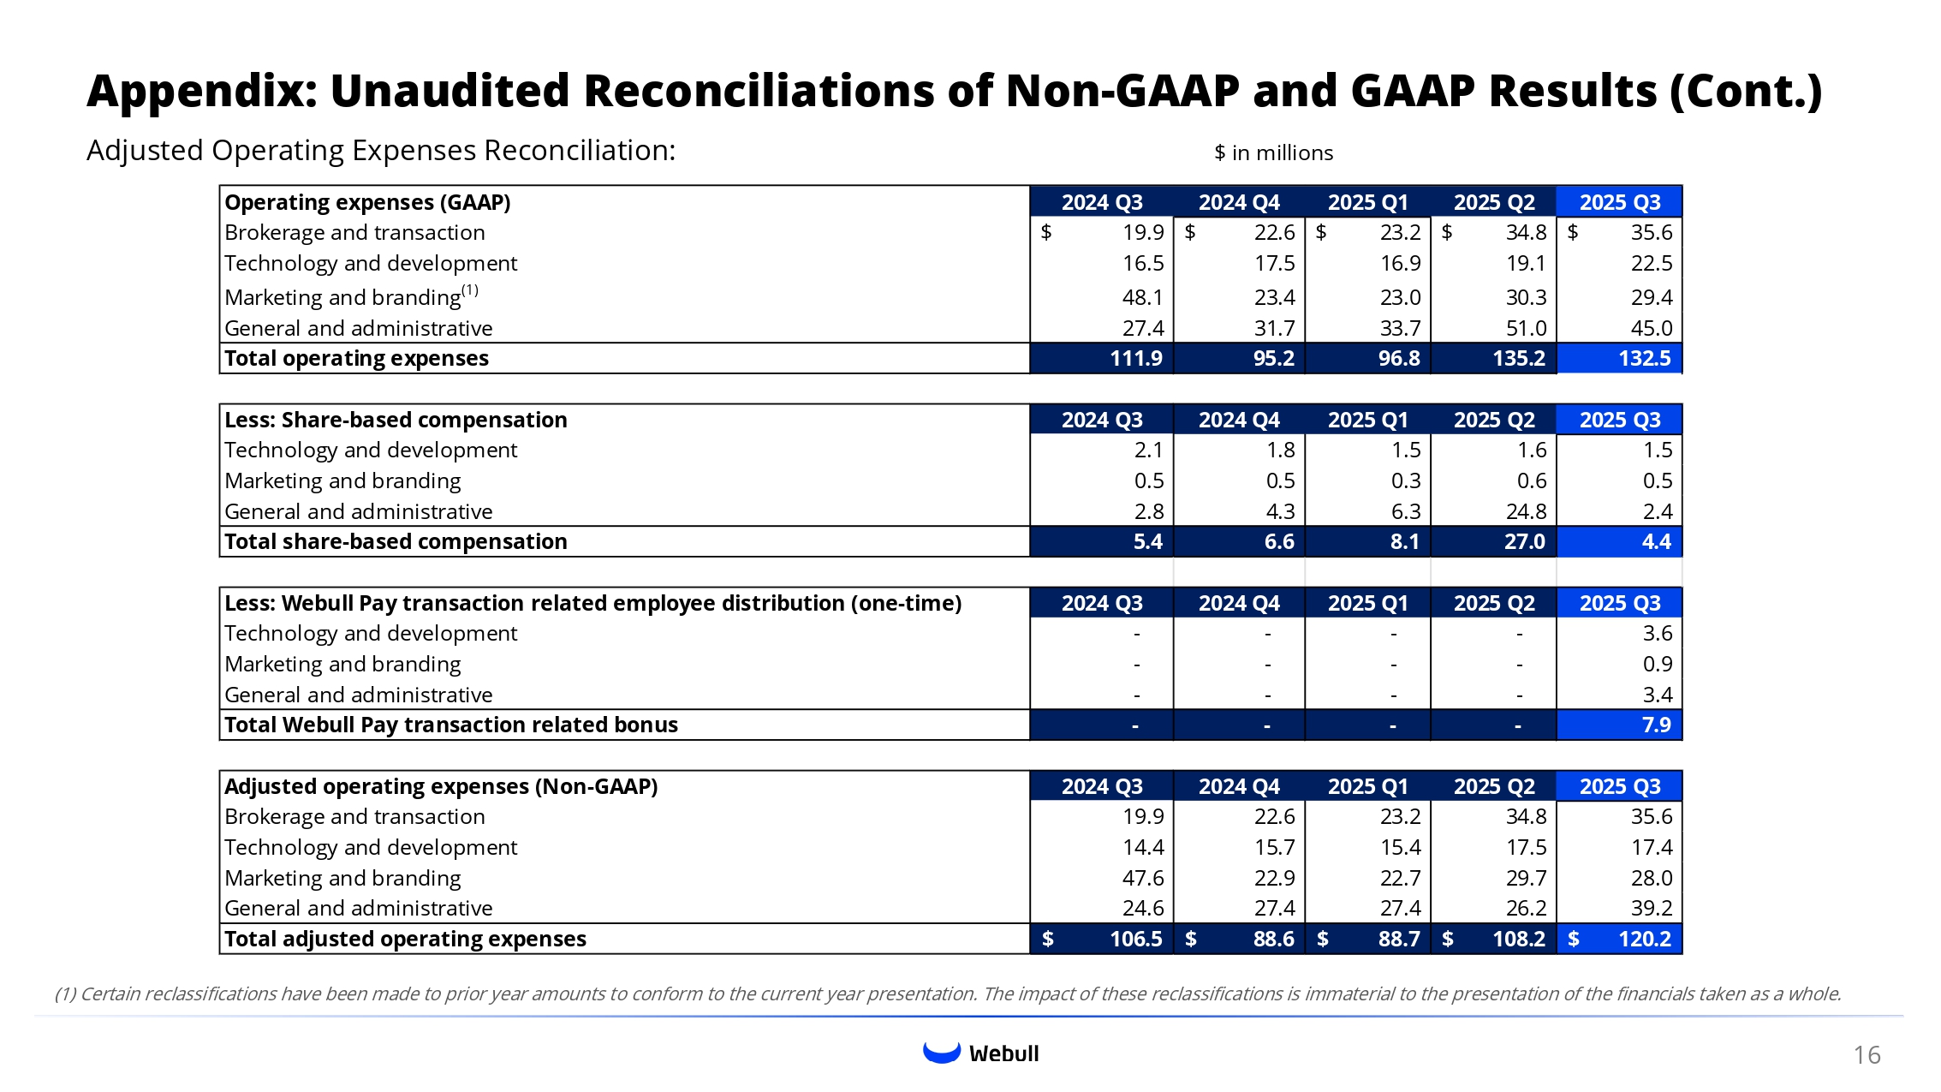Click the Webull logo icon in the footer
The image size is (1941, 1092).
[941, 1053]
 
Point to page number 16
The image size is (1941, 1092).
[1867, 1055]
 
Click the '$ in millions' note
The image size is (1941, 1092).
[1273, 153]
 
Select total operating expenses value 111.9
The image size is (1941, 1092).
[1135, 358]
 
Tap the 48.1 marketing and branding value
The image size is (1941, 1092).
[1142, 297]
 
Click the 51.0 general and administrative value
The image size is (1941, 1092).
[1526, 328]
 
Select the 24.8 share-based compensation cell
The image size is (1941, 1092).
[1526, 511]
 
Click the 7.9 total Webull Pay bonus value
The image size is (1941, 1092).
[1656, 725]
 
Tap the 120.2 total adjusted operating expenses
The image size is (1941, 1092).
[1644, 939]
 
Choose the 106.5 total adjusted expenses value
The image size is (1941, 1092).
[1135, 939]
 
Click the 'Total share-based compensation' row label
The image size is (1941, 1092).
[396, 541]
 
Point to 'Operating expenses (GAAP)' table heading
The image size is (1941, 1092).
[367, 202]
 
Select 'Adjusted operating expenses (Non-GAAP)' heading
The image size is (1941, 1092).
[441, 786]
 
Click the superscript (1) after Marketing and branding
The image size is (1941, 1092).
[470, 290]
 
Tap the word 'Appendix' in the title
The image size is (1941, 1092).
[202, 91]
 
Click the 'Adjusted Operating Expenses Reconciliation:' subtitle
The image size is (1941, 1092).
[381, 151]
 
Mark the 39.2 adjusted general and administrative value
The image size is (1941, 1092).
[1651, 908]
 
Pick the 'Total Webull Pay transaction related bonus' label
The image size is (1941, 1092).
[450, 725]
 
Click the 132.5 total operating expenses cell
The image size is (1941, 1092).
[1644, 358]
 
